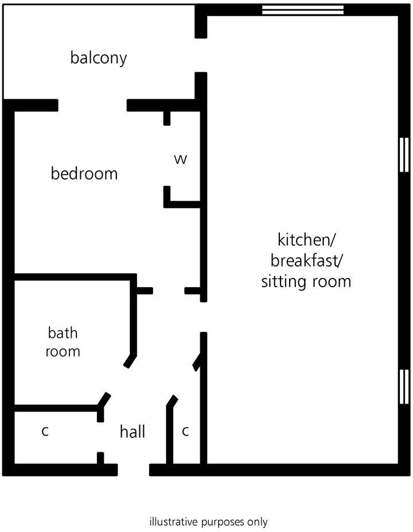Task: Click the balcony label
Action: tap(98, 58)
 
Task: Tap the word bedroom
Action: tap(84, 173)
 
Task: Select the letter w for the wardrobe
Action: tap(181, 159)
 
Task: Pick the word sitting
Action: tap(285, 282)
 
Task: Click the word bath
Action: tap(63, 332)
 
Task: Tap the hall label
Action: tap(133, 432)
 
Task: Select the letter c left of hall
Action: tap(45, 432)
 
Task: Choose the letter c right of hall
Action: tap(185, 432)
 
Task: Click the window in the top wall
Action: tap(303, 10)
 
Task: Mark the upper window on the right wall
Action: tap(404, 154)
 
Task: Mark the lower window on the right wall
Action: tap(404, 386)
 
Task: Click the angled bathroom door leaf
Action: tap(131, 360)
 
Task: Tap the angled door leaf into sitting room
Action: tap(197, 362)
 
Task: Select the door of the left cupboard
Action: tap(104, 400)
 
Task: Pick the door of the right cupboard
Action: tap(171, 401)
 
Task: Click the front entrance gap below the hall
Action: tap(133, 470)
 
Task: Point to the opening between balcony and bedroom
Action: tap(92, 105)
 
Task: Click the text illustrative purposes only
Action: tap(208, 522)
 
